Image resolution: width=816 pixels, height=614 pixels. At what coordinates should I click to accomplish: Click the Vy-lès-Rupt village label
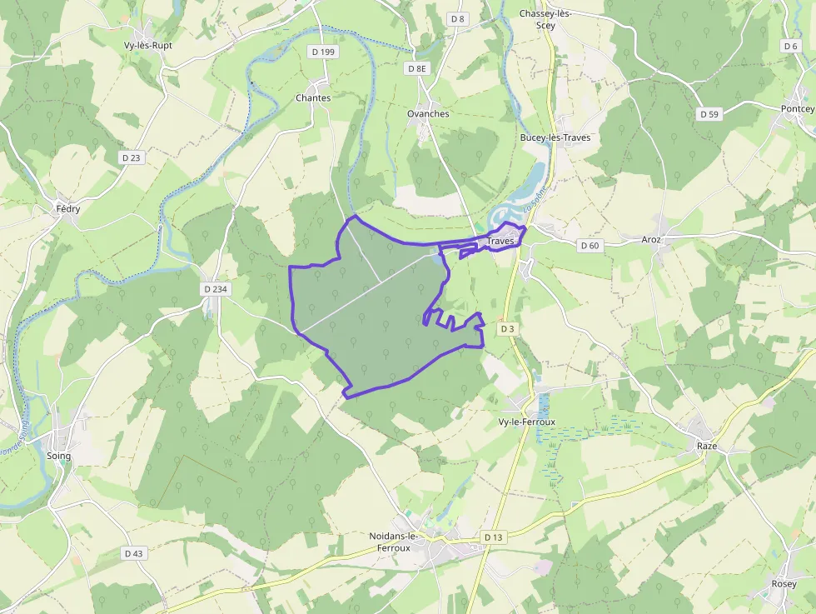(x=147, y=46)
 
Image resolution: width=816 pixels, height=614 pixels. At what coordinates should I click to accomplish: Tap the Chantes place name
(x=313, y=97)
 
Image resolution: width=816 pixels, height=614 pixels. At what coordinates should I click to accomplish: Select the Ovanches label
(x=428, y=113)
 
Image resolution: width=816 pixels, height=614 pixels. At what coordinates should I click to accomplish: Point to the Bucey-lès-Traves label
(x=555, y=137)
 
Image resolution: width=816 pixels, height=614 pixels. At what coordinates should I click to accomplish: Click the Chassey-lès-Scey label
(x=544, y=19)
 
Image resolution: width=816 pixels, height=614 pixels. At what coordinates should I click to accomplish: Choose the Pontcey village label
(x=798, y=109)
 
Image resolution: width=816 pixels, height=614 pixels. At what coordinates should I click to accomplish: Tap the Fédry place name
(x=67, y=209)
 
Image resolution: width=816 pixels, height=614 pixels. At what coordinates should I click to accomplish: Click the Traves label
(x=500, y=241)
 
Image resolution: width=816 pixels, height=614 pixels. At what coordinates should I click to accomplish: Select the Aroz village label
(x=651, y=240)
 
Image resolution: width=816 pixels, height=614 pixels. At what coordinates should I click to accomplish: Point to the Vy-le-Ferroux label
(x=526, y=422)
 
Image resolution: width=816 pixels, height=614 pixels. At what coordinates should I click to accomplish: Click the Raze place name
(x=707, y=447)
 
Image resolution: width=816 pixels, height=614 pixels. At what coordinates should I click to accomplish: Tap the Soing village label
(x=59, y=456)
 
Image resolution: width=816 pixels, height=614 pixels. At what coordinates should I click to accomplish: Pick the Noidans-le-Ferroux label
(x=394, y=542)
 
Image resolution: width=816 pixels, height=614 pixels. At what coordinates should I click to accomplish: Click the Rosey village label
(x=784, y=584)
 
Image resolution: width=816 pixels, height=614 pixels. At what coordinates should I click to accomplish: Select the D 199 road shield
(x=323, y=52)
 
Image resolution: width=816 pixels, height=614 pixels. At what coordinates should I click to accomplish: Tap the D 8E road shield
(x=418, y=68)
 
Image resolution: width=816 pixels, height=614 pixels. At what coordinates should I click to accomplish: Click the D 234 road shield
(x=215, y=289)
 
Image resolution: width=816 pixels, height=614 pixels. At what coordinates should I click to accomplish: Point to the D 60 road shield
(x=590, y=245)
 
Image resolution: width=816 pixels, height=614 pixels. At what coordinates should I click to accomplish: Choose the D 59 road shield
(x=709, y=113)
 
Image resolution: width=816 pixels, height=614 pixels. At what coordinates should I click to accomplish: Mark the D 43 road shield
(x=133, y=553)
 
